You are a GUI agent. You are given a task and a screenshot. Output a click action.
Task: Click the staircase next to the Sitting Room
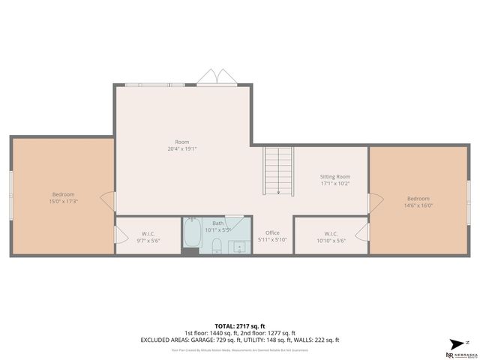(x=278, y=170)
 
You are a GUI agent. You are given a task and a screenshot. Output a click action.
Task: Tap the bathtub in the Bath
(x=191, y=238)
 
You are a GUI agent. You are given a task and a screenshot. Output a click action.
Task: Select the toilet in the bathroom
(x=215, y=245)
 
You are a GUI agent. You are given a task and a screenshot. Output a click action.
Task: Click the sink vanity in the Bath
(x=240, y=247)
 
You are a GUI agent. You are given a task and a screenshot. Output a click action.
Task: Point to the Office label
(x=272, y=232)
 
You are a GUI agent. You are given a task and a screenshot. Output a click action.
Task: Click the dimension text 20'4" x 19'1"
(x=181, y=148)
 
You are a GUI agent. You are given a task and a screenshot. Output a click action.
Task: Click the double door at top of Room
(x=217, y=77)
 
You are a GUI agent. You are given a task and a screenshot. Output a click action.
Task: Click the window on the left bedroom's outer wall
(x=10, y=196)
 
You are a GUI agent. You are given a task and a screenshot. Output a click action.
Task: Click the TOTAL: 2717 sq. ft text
(x=240, y=326)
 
